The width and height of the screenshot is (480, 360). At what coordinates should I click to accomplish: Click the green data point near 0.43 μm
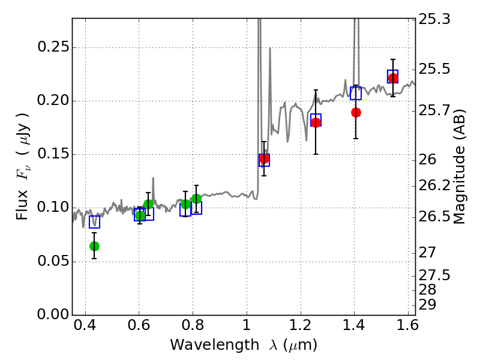pyautogui.click(x=94, y=246)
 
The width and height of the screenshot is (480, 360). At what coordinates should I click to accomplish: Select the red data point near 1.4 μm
pyautogui.click(x=356, y=112)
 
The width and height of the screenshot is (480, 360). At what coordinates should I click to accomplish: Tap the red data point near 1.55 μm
pyautogui.click(x=393, y=78)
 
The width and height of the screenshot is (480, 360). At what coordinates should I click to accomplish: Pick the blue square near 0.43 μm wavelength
pyautogui.click(x=94, y=222)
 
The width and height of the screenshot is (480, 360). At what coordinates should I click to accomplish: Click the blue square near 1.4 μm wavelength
pyautogui.click(x=356, y=93)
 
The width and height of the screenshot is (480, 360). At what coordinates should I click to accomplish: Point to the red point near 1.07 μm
pyautogui.click(x=264, y=158)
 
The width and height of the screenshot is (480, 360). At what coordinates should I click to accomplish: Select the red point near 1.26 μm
pyautogui.click(x=316, y=122)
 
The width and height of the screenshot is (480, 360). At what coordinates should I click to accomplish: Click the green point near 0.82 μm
pyautogui.click(x=197, y=199)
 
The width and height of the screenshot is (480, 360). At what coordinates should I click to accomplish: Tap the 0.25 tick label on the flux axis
pyautogui.click(x=53, y=47)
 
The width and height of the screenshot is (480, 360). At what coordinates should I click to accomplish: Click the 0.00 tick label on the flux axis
pyautogui.click(x=53, y=314)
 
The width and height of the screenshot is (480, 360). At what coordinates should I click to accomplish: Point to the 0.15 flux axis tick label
pyautogui.click(x=53, y=154)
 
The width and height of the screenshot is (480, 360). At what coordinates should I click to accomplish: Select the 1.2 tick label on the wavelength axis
pyautogui.click(x=301, y=325)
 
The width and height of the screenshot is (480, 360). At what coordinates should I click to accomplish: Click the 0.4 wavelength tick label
pyautogui.click(x=85, y=325)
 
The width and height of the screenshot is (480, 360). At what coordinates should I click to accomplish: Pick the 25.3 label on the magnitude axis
pyautogui.click(x=434, y=19)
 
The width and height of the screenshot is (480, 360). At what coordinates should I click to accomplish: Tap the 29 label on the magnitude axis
pyautogui.click(x=427, y=305)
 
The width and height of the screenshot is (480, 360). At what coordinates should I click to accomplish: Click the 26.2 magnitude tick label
pyautogui.click(x=434, y=185)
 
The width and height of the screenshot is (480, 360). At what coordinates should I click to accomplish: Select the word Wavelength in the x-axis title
pyautogui.click(x=215, y=345)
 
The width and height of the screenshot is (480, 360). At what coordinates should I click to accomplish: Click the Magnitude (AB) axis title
pyautogui.click(x=458, y=167)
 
